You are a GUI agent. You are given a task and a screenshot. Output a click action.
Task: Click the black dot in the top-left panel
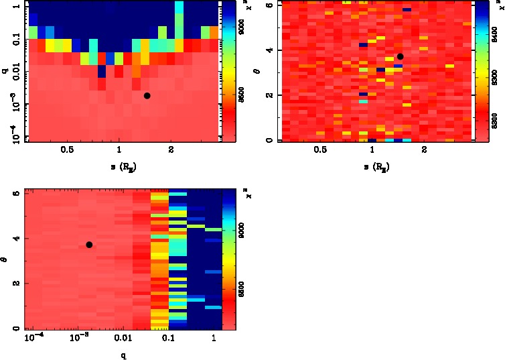coord(147,95)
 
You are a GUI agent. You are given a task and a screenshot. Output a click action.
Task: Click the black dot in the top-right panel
coord(400,56)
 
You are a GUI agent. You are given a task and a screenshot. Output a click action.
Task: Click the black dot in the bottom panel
coord(89,245)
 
